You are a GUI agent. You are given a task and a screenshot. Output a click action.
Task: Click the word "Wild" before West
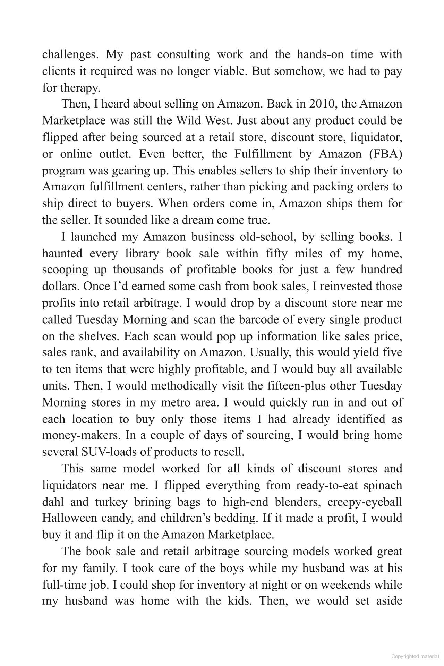click(x=189, y=120)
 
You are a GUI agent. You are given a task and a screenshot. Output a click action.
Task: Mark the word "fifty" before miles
click(x=277, y=253)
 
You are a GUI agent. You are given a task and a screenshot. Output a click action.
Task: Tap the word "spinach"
click(x=383, y=485)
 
